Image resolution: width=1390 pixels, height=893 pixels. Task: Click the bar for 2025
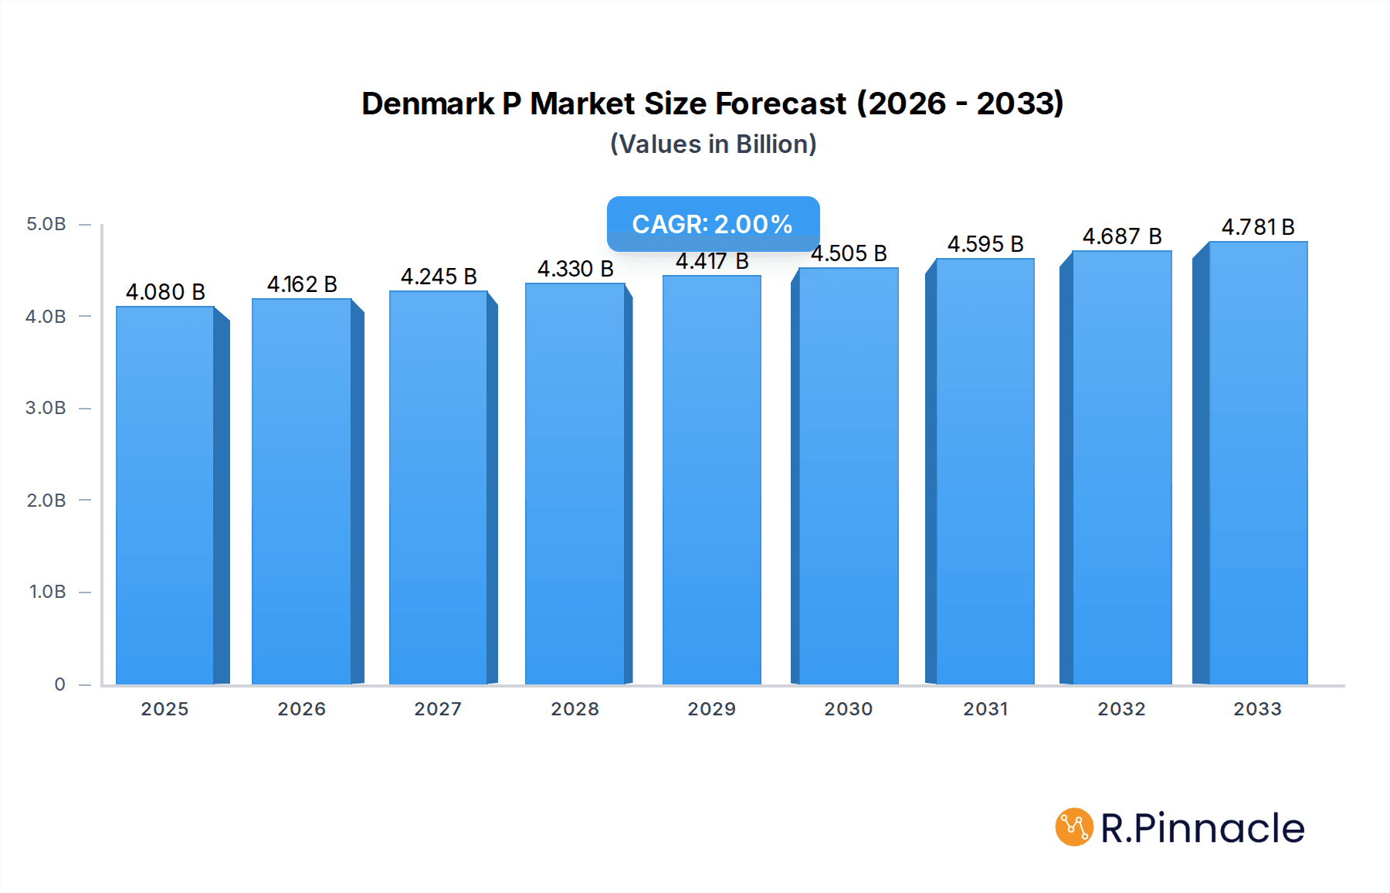point(165,494)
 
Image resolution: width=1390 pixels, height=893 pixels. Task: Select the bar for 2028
point(575,483)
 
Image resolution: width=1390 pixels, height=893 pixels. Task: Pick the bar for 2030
point(848,475)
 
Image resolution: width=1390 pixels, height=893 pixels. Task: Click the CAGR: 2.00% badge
point(713,223)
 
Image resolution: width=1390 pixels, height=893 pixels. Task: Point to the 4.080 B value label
point(165,292)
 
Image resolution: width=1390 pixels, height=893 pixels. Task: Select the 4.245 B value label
point(439,277)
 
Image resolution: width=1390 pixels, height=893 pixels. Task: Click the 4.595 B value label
point(985,244)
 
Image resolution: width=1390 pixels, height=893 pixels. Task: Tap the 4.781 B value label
point(1258,227)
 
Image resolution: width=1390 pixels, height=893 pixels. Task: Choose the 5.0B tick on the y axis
point(46,224)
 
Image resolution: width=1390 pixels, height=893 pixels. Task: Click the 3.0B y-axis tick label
point(46,408)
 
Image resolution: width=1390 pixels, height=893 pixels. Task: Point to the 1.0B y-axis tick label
point(48,592)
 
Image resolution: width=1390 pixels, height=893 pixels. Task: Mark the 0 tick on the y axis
point(60,684)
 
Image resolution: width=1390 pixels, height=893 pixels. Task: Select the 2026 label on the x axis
point(302,709)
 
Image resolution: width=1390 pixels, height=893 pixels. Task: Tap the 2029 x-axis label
point(712,709)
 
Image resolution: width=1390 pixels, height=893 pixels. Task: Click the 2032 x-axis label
point(1122,709)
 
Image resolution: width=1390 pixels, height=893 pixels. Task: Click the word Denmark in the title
point(428,104)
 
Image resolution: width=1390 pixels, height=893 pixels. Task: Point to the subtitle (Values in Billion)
point(714,144)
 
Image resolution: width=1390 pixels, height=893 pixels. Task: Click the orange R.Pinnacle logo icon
point(1074,827)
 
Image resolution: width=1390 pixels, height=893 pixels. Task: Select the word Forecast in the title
point(781,104)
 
